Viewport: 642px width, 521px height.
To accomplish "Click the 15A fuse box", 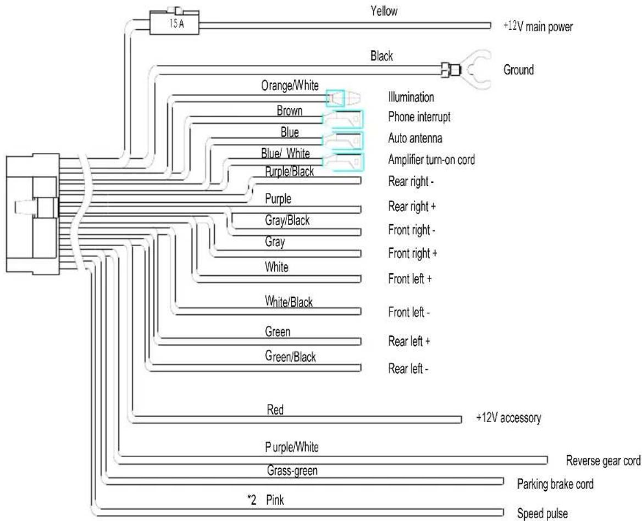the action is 174,23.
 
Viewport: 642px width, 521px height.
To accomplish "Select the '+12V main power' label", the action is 538,26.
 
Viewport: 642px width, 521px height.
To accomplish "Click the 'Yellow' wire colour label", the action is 384,11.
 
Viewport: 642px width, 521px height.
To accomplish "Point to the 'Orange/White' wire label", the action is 290,86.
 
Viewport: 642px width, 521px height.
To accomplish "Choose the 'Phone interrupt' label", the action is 419,117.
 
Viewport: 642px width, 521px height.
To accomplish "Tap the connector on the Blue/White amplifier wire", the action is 344,162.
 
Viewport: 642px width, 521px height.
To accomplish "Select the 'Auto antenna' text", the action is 415,138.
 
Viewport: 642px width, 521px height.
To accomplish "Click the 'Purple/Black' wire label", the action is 290,171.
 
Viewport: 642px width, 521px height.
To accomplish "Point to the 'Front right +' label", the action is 413,254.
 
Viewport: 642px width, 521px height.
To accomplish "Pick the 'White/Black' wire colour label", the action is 289,302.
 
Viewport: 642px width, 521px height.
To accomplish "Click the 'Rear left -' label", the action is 408,369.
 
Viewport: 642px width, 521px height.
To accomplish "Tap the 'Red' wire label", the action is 275,409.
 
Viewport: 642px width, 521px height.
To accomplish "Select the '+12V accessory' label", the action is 508,418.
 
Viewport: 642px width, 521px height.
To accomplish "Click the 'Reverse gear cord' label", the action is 603,461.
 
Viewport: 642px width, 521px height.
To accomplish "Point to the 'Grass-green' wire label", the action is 292,470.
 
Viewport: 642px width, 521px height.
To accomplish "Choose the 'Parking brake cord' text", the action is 555,484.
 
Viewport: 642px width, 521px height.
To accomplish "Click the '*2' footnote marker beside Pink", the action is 252,500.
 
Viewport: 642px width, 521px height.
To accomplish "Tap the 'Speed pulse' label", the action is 543,513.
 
